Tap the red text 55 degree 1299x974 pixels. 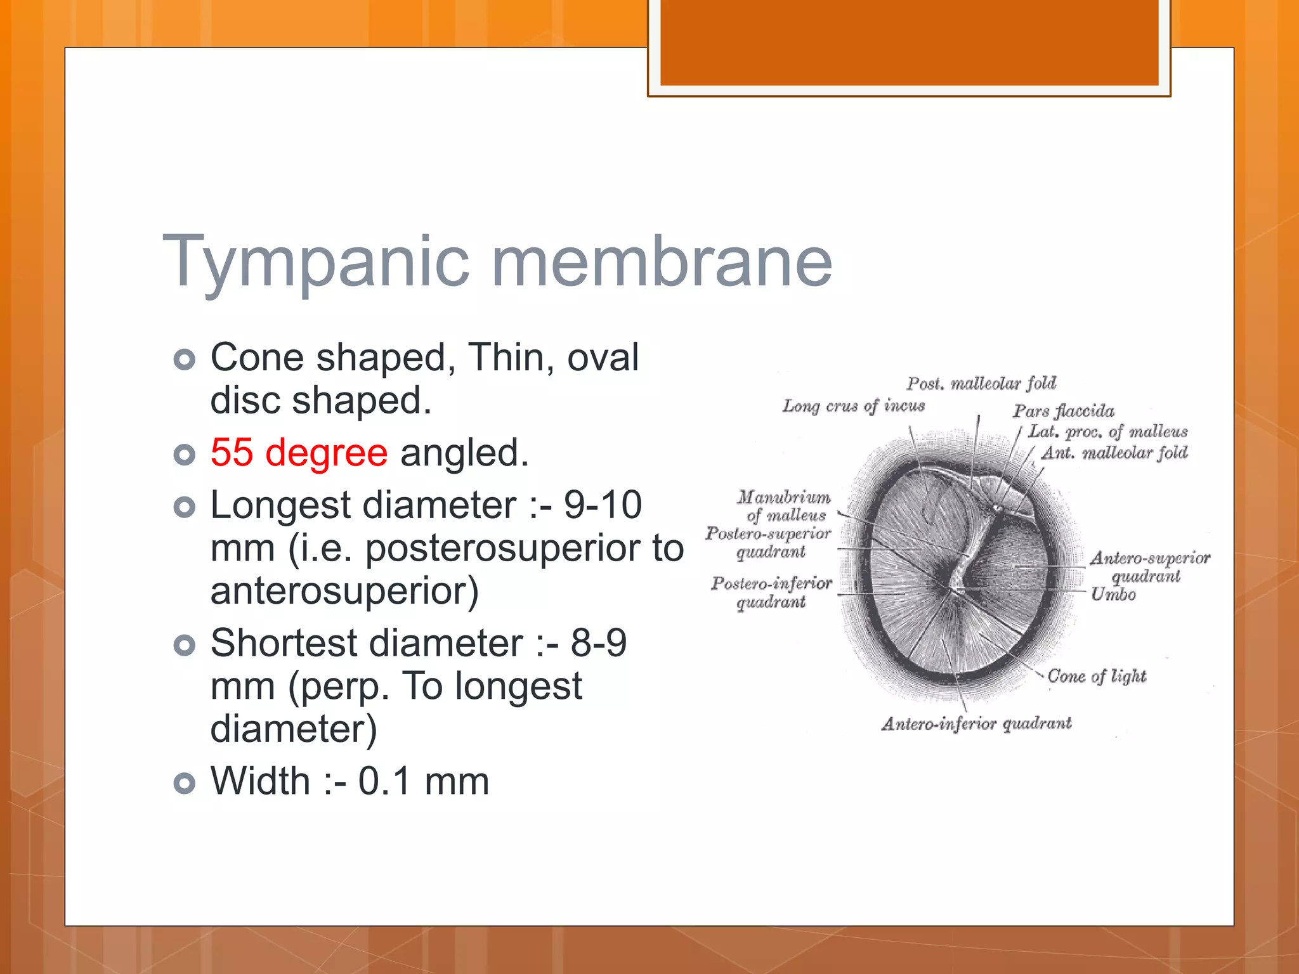coord(299,453)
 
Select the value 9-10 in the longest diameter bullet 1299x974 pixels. coord(603,505)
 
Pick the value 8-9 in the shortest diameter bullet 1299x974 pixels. coord(599,643)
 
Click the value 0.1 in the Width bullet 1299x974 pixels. coord(384,781)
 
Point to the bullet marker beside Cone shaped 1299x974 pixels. coord(185,360)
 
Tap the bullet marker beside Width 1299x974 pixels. coord(185,783)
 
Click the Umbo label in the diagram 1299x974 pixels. coord(1113,595)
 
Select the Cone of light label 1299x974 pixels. coord(1097,676)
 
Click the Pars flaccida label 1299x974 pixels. coord(1063,411)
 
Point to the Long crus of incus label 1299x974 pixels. coord(853,406)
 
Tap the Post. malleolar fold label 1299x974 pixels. coord(981,383)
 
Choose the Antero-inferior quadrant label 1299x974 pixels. coord(976,724)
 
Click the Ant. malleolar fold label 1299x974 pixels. coord(1114,453)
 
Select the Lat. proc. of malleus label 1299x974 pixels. coord(1107,432)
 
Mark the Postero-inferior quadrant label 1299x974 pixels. coord(771,592)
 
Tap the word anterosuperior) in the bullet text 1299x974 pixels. coord(344,591)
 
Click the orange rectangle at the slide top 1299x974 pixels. coord(909,42)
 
